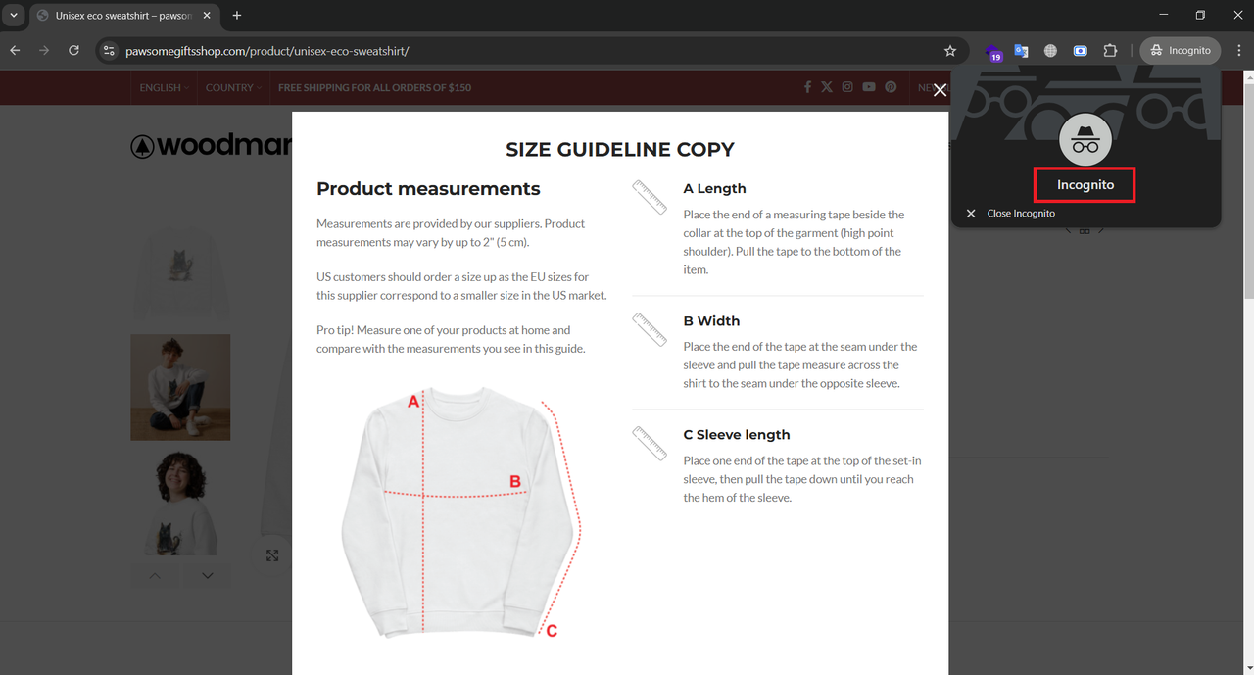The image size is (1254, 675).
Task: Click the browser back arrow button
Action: [x=15, y=50]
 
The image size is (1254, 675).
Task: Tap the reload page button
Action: [x=73, y=50]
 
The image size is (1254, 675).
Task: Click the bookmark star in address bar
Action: [x=950, y=51]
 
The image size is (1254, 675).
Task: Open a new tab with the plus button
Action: [x=237, y=15]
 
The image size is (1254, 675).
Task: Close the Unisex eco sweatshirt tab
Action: [x=207, y=15]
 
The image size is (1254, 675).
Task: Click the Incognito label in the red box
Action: [x=1085, y=185]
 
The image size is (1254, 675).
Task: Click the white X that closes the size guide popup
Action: [x=940, y=89]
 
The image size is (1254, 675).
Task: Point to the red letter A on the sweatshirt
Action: [x=413, y=402]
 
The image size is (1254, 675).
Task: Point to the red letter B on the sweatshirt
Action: [x=515, y=481]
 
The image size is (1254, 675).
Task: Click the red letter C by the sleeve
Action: [x=552, y=631]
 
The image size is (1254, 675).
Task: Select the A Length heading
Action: [x=714, y=189]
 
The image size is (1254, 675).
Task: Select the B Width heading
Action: [x=711, y=320]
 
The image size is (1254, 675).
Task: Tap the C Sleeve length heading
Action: [x=736, y=435]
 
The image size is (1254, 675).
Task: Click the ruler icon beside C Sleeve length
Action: [x=650, y=443]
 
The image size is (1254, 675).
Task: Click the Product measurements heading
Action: [x=428, y=189]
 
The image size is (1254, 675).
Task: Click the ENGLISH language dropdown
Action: [x=164, y=87]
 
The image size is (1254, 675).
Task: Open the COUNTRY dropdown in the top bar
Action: [x=233, y=87]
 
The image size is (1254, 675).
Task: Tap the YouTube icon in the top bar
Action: [x=869, y=87]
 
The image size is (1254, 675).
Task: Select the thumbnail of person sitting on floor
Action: [x=180, y=387]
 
